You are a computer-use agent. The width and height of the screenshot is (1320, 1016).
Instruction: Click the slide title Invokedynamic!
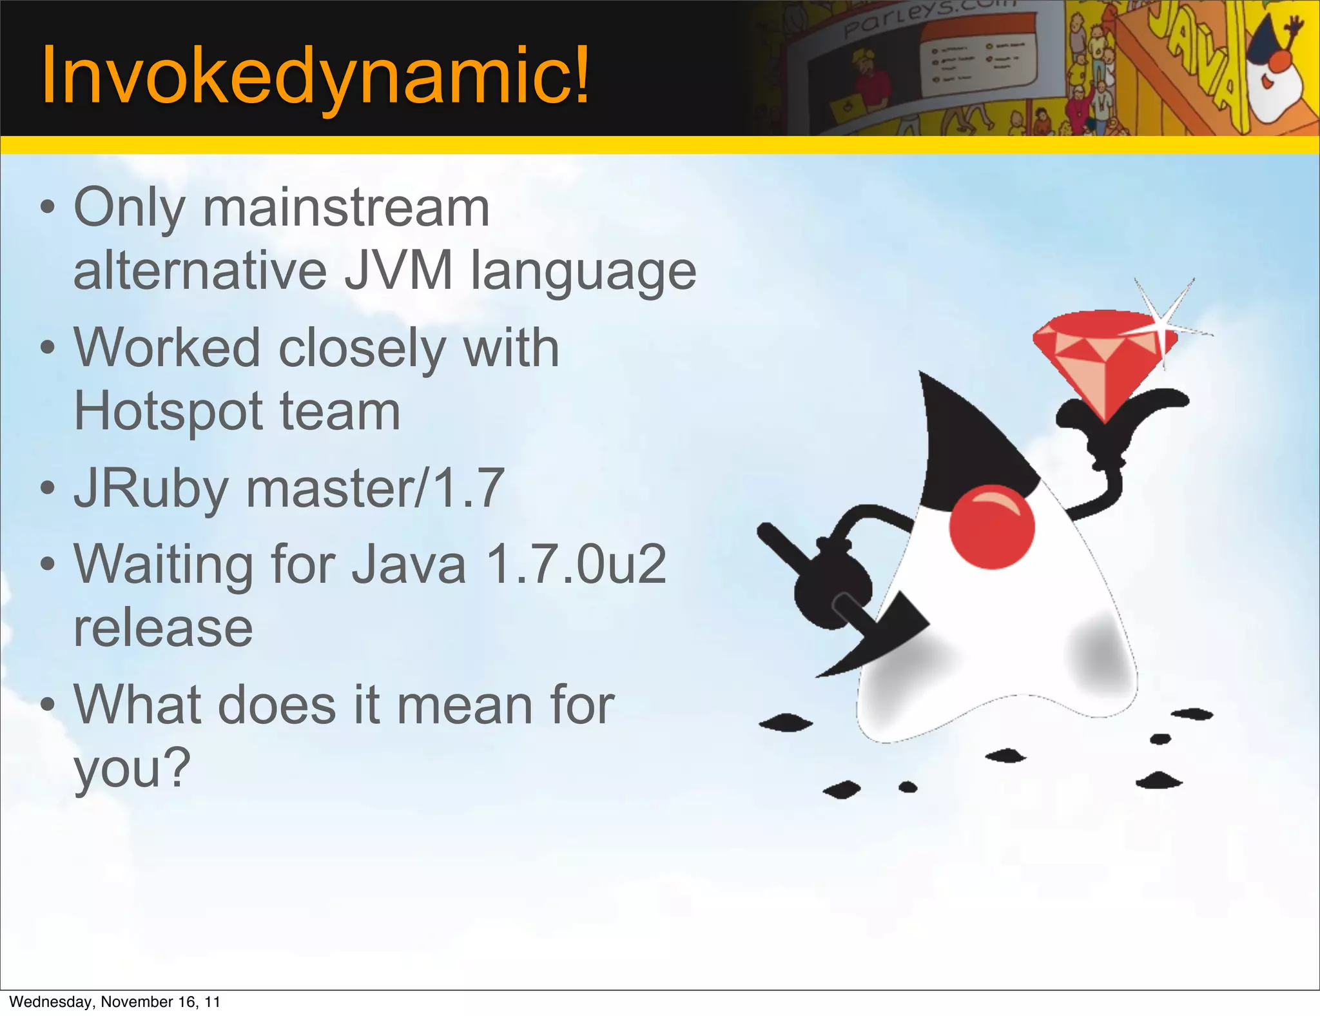coord(315,76)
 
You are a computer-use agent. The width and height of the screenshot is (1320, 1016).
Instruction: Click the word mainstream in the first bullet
coord(346,208)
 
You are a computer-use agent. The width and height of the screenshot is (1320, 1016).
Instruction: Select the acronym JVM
coord(398,271)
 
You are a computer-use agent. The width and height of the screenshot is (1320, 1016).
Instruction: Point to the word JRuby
coord(151,489)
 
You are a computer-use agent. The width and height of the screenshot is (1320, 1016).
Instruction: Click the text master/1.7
coord(375,488)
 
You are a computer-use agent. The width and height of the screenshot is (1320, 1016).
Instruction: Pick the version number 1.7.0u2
coord(576,564)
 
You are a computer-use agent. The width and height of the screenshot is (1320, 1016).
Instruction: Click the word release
coord(163,627)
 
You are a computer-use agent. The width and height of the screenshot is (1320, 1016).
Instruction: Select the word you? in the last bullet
coord(132,767)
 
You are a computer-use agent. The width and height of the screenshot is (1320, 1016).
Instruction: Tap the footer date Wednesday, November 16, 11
coord(115,1002)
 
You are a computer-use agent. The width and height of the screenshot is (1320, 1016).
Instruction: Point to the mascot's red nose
coord(991,527)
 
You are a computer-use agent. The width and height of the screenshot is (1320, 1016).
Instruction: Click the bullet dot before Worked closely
coord(48,348)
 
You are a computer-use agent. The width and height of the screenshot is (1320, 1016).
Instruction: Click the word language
coord(583,271)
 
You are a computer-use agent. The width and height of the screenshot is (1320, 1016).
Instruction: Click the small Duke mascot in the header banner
coord(1273,71)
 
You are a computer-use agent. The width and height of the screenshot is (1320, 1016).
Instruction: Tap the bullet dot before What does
coord(48,705)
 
